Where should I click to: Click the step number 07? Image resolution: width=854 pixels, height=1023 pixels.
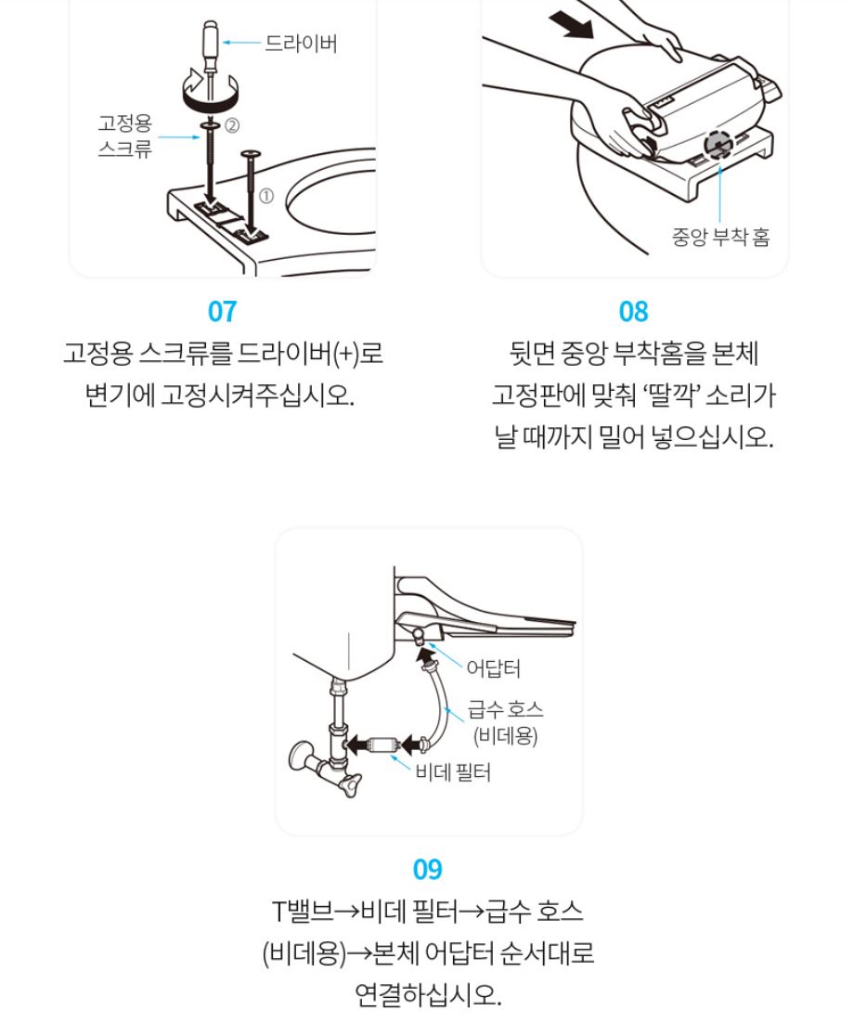tap(222, 311)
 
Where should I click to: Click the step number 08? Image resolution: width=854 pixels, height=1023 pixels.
tap(633, 311)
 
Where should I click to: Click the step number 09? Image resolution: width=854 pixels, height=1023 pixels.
tap(427, 869)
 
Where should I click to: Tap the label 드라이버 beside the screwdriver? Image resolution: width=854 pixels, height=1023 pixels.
tap(301, 43)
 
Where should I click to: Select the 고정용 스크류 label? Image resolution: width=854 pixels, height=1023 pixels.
tap(125, 136)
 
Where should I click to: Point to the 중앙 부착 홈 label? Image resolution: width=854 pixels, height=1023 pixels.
tap(721, 236)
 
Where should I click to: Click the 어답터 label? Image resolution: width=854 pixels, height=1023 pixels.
tap(493, 668)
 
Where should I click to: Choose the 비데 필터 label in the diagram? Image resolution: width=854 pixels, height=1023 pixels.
tap(453, 772)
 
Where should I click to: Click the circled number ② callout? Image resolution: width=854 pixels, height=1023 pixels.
tap(232, 125)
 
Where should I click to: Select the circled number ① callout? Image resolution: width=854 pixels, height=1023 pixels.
tap(266, 196)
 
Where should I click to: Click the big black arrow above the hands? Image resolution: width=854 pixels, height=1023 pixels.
tap(571, 26)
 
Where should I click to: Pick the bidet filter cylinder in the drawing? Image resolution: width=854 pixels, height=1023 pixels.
tap(382, 744)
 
